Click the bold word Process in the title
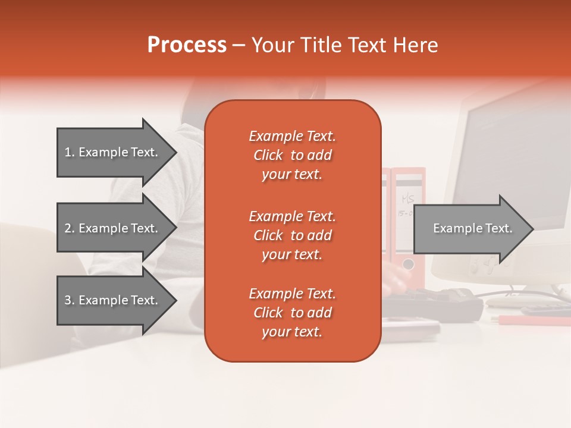[x=187, y=45]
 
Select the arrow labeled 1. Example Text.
[x=112, y=152]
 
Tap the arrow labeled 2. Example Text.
[x=112, y=228]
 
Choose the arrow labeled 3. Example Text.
[x=112, y=300]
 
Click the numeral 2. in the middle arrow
[x=70, y=228]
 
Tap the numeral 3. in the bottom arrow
[x=70, y=300]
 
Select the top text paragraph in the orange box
[x=292, y=155]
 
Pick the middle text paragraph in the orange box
[x=292, y=235]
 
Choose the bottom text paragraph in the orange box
[x=292, y=313]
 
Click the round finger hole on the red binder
[x=408, y=263]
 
